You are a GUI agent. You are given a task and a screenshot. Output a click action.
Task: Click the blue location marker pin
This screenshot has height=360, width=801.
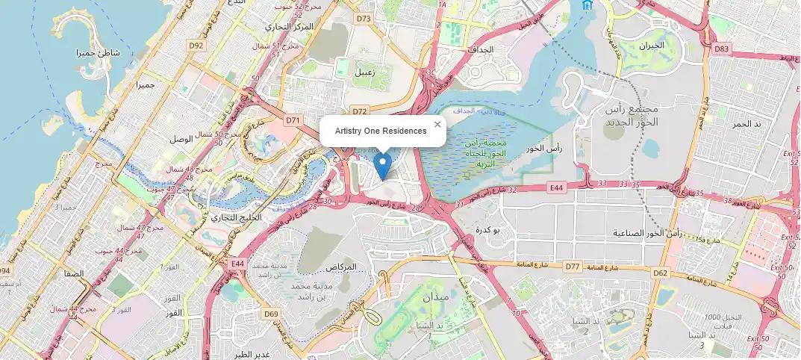(x=382, y=166)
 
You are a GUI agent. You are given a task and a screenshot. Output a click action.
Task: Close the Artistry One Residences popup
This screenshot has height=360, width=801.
(x=437, y=125)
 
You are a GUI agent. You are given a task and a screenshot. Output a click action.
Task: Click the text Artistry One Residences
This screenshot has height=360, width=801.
(x=381, y=131)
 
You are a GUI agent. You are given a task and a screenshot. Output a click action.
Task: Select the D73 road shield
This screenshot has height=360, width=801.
(x=364, y=18)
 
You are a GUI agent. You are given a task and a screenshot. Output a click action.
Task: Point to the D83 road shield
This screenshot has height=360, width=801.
(x=721, y=49)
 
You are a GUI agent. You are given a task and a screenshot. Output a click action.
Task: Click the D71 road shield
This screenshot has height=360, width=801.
(x=292, y=120)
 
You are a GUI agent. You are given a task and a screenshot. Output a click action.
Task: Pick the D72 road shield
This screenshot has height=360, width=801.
(x=360, y=111)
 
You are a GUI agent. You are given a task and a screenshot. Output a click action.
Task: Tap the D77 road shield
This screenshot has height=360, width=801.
(x=573, y=266)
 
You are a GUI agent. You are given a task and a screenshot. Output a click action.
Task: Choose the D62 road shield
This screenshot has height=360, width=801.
(x=661, y=273)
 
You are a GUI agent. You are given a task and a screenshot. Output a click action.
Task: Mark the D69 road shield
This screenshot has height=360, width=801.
(x=270, y=313)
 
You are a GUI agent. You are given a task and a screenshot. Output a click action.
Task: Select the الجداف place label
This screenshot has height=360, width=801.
(x=481, y=49)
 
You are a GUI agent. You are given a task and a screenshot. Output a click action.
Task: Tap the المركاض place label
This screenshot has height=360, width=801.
(x=341, y=267)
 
